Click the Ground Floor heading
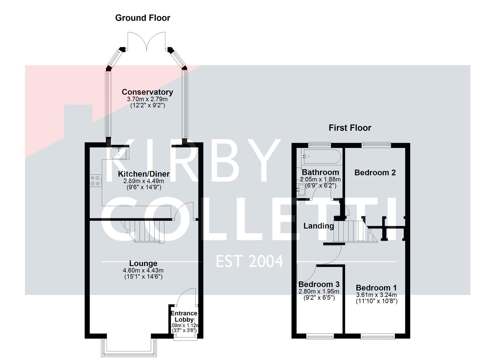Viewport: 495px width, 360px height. [142, 18]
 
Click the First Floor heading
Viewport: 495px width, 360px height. [350, 128]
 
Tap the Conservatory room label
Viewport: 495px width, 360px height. [147, 92]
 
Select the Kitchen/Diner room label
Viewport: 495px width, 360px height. [144, 174]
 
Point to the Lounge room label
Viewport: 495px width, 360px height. [143, 263]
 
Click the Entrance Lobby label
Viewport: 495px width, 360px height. [184, 316]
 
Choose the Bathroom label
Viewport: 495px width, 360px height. [320, 172]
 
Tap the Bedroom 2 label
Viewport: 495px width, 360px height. [375, 172]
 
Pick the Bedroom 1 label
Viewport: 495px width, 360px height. [376, 288]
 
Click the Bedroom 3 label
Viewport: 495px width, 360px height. [319, 284]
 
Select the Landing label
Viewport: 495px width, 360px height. [318, 226]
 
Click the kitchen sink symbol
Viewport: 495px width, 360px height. [119, 153]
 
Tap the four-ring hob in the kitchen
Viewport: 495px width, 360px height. [95, 181]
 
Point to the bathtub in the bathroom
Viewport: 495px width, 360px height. [321, 156]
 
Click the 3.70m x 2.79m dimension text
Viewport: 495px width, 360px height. [147, 99]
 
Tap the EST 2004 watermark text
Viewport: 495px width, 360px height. [249, 261]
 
